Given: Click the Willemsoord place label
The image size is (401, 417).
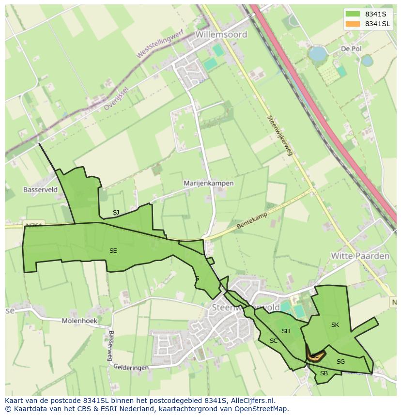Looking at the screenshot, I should [x=221, y=34].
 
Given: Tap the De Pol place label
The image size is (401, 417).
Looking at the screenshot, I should [x=351, y=49].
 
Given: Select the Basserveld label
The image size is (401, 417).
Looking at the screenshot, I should [x=40, y=190].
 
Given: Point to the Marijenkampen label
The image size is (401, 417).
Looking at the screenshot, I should [x=209, y=184].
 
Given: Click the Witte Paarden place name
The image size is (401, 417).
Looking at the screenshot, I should [x=360, y=256].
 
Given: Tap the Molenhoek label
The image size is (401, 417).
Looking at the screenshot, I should [x=79, y=321].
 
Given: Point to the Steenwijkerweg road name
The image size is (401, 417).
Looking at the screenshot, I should [x=280, y=135].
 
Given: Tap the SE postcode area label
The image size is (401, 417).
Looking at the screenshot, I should [x=113, y=251].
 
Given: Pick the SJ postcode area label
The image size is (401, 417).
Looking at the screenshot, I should [x=116, y=213].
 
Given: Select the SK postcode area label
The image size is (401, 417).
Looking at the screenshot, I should [x=335, y=325].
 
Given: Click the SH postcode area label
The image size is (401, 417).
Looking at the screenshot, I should [x=286, y=331].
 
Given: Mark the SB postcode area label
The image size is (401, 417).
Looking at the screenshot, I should [x=324, y=373].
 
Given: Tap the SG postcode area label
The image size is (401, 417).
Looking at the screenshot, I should [x=340, y=362].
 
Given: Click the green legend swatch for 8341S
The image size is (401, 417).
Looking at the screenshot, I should [x=353, y=14].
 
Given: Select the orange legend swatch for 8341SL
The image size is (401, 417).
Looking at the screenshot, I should [x=353, y=24].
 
